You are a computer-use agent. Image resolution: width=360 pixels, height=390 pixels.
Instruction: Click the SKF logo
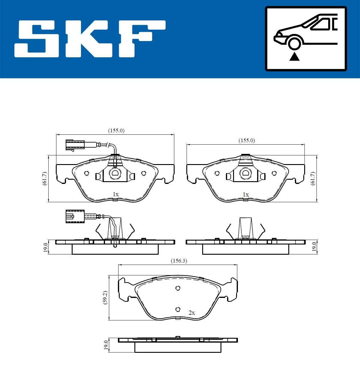tap(90, 39)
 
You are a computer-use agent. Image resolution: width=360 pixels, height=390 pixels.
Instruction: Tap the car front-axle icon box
tap(306, 39)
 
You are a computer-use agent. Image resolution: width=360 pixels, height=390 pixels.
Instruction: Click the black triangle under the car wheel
tap(294, 56)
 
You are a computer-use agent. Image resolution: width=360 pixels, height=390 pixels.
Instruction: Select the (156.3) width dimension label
tap(179, 261)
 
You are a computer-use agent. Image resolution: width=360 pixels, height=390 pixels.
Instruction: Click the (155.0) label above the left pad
tap(116, 130)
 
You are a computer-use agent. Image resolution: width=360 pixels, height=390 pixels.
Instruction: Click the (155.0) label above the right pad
tap(247, 140)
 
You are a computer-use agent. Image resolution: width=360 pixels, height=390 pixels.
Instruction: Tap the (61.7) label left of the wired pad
tap(44, 178)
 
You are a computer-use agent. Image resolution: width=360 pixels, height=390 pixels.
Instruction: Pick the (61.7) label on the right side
tap(313, 178)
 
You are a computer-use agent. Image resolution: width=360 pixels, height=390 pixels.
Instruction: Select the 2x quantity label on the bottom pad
tap(192, 313)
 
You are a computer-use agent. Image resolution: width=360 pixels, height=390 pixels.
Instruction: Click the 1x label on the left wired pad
tap(115, 194)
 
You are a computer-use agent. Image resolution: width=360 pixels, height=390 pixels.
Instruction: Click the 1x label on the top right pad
tap(246, 194)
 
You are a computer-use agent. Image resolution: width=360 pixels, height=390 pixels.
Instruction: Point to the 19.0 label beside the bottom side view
tap(105, 345)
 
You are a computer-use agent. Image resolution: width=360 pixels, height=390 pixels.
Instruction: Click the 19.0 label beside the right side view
tap(314, 247)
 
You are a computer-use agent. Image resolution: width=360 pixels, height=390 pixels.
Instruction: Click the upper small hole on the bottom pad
tap(178, 288)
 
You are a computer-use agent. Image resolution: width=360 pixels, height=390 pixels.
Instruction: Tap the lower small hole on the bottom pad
tap(178, 309)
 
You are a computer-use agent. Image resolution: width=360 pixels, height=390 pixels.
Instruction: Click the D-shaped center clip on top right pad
tap(245, 173)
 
